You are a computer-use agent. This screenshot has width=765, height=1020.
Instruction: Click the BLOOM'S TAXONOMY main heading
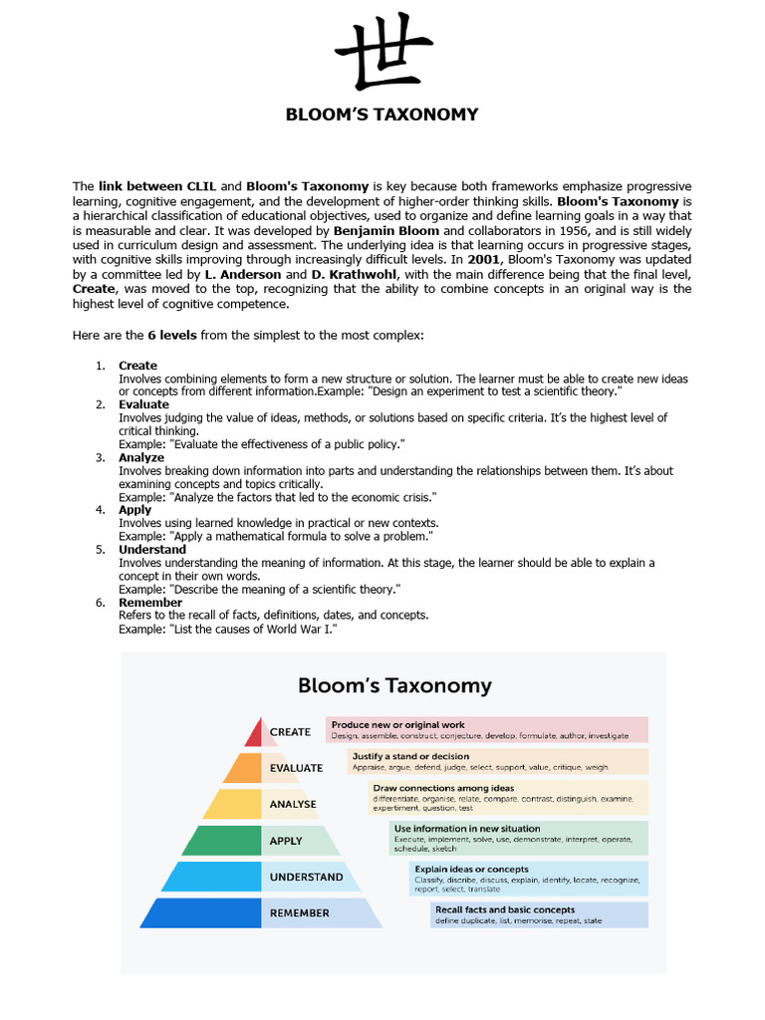(x=382, y=114)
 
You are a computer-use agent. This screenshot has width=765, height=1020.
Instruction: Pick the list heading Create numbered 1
(x=137, y=366)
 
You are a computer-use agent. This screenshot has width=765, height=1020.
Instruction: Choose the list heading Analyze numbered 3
(x=141, y=457)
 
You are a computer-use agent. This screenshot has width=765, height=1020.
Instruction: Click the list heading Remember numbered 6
(x=150, y=603)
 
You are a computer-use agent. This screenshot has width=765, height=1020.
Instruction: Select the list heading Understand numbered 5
(x=152, y=549)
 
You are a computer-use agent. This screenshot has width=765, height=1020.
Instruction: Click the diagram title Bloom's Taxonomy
(x=394, y=685)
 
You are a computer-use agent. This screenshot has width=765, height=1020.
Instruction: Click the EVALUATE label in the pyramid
(x=296, y=768)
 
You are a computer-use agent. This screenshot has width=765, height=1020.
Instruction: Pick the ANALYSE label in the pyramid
(x=293, y=804)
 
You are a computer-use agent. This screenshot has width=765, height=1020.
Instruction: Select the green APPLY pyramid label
(x=286, y=841)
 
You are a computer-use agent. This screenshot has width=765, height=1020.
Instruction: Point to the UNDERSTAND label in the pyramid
(x=306, y=878)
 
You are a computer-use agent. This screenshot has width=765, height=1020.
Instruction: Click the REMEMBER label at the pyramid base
(x=299, y=913)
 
